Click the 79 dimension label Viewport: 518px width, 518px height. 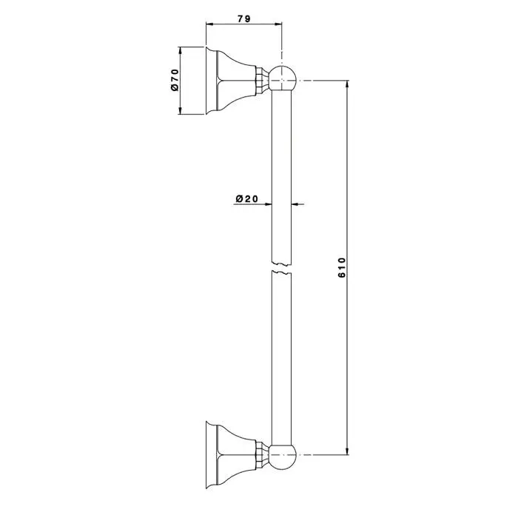(244, 18)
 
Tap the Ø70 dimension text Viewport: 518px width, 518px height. (175, 80)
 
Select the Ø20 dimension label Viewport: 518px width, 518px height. (246, 198)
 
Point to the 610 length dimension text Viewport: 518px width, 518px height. (342, 268)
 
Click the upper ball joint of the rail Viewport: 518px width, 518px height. (283, 78)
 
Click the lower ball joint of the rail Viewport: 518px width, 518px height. (283, 455)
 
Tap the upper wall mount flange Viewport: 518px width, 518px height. (231, 81)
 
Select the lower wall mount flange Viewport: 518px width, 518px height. (231, 455)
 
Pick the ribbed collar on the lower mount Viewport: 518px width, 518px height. (261, 455)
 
